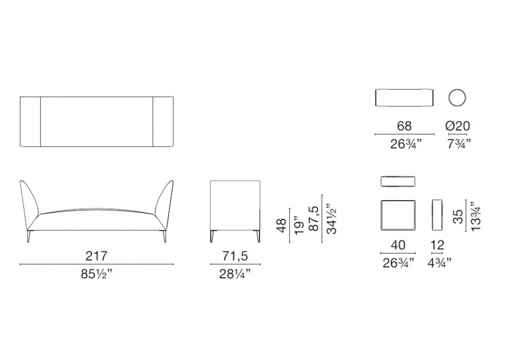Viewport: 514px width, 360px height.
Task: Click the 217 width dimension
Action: (97, 256)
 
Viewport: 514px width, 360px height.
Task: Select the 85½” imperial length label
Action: (97, 274)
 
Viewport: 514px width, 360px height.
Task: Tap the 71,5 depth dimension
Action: (235, 256)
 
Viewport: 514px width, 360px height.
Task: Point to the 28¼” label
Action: (235, 274)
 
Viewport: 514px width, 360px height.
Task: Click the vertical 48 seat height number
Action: (282, 225)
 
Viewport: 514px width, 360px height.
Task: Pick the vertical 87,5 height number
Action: (314, 219)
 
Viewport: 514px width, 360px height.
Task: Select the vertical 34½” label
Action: (332, 219)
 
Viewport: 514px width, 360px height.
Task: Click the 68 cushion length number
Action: (404, 126)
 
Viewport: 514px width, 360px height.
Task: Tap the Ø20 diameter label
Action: (457, 126)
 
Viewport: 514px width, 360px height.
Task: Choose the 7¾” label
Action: (459, 144)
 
